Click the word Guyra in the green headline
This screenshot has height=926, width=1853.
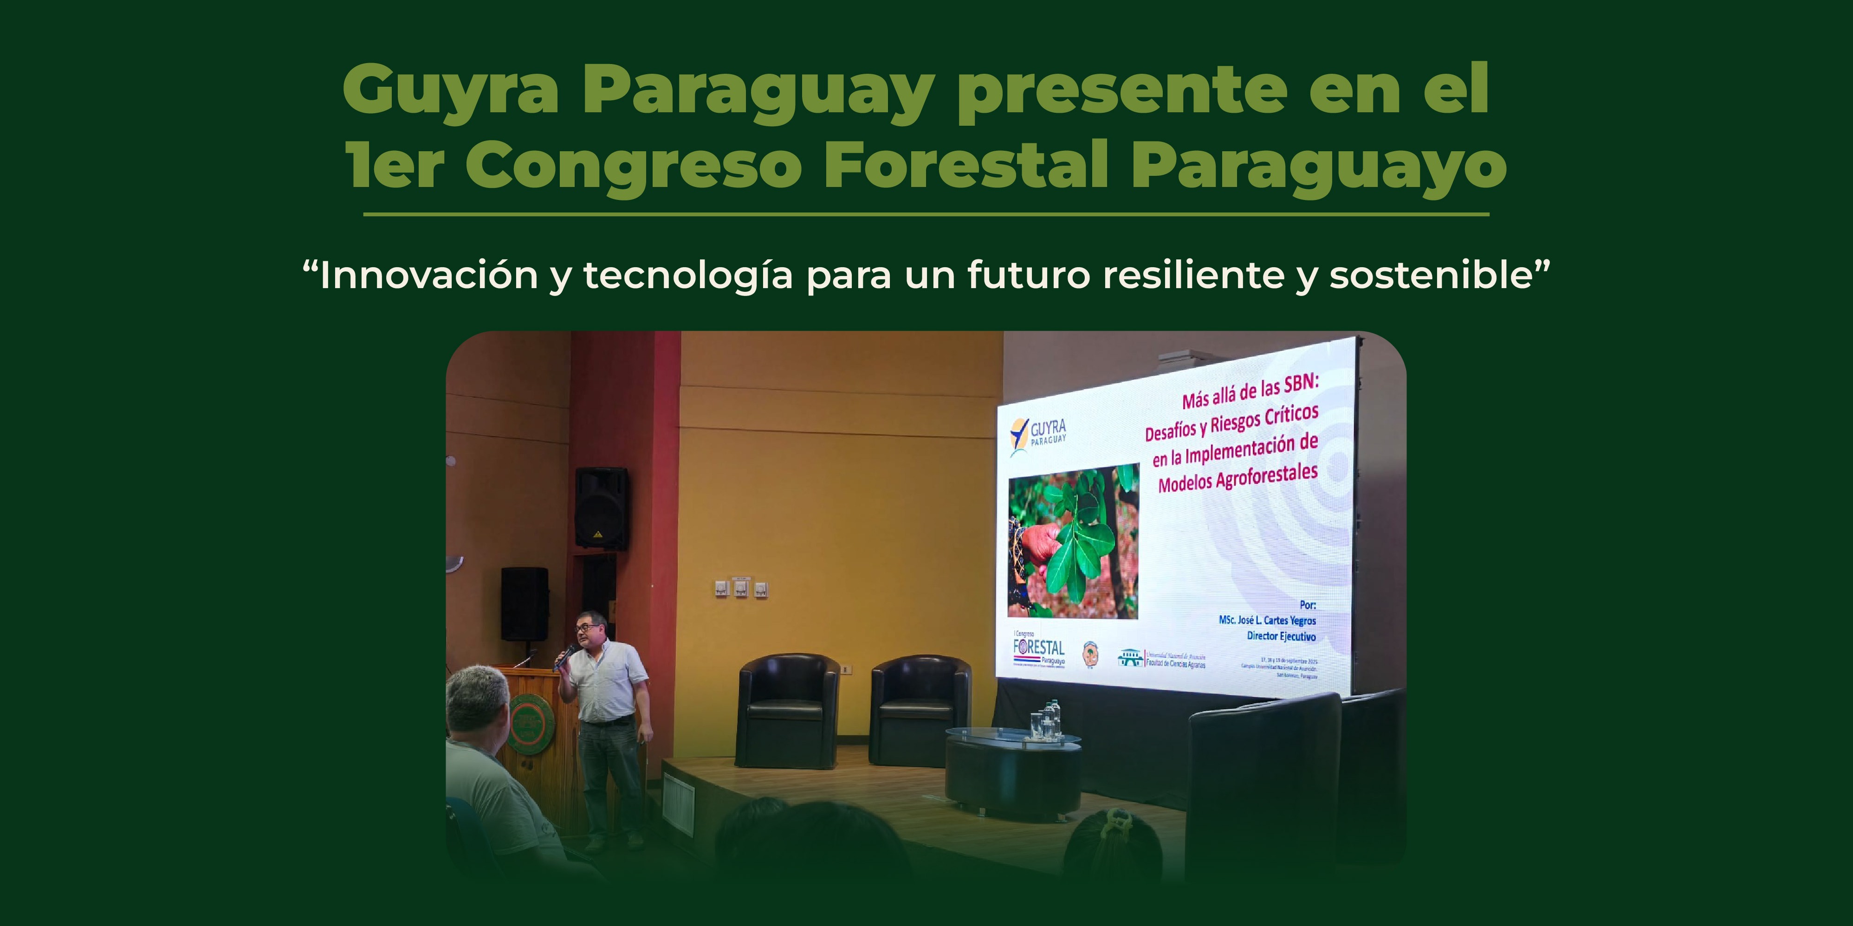[450, 90]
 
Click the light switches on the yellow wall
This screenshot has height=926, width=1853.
[741, 589]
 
